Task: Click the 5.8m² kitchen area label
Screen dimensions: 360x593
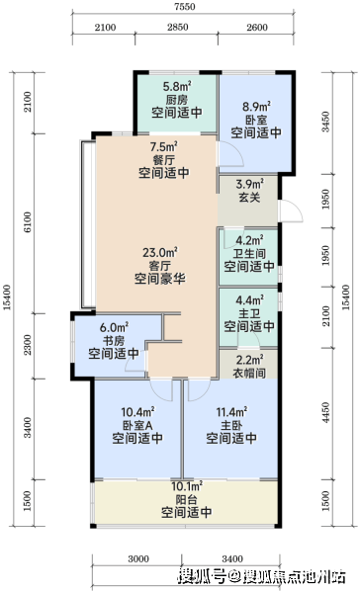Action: (177, 86)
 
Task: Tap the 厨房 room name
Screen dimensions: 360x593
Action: (177, 100)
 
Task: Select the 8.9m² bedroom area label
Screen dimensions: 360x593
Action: (256, 107)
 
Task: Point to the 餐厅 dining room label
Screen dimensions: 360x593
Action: (164, 159)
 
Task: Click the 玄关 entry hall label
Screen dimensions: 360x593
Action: (250, 197)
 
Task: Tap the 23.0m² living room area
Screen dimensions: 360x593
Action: (160, 252)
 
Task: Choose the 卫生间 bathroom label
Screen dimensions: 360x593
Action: (249, 253)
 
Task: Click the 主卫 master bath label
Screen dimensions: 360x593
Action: (249, 313)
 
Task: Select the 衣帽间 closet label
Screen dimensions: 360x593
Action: (249, 373)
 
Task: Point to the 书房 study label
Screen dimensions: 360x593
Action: (114, 340)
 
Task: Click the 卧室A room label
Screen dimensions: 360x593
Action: (137, 425)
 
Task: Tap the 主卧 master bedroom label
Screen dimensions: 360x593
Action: (231, 425)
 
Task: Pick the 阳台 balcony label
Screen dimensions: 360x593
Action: (187, 499)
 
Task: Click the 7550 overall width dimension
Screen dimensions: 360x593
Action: (184, 7)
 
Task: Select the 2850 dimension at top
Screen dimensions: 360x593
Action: (178, 28)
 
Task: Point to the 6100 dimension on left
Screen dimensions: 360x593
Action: (28, 222)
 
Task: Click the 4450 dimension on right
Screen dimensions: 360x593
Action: (325, 412)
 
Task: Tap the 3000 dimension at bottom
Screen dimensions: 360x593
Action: (138, 559)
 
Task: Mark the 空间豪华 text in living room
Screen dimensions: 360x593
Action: (160, 279)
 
